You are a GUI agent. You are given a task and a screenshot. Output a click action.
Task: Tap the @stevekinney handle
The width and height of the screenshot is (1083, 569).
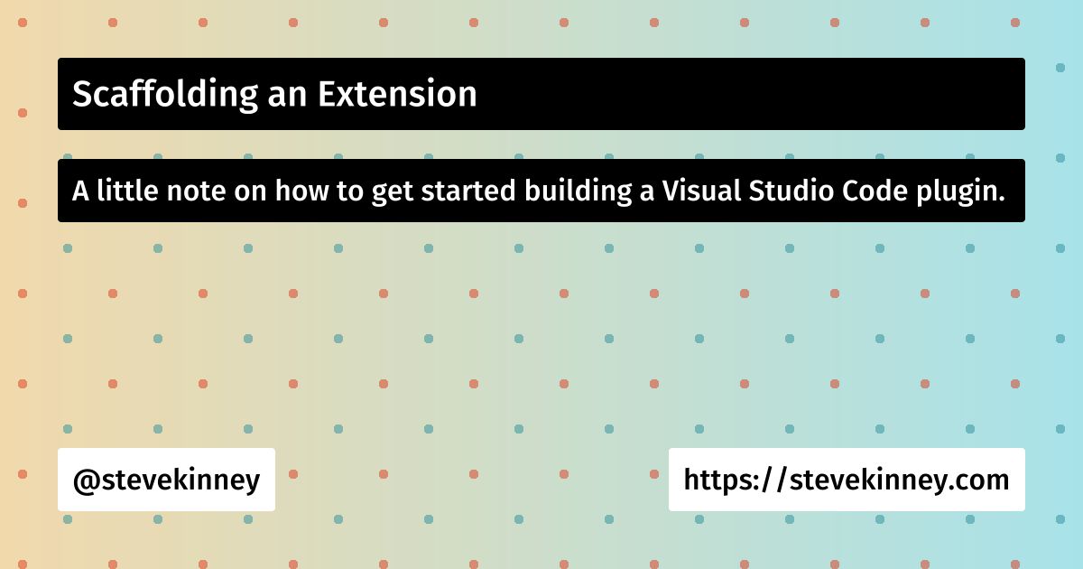166,480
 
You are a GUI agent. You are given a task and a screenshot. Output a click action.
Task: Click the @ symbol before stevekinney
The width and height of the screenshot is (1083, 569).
84,480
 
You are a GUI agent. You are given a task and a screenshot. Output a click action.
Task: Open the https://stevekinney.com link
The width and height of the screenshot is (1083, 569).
847,480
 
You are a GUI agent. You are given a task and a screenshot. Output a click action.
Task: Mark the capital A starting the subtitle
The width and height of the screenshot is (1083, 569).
80,191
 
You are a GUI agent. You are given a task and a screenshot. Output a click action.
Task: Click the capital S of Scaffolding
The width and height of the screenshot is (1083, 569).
81,94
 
